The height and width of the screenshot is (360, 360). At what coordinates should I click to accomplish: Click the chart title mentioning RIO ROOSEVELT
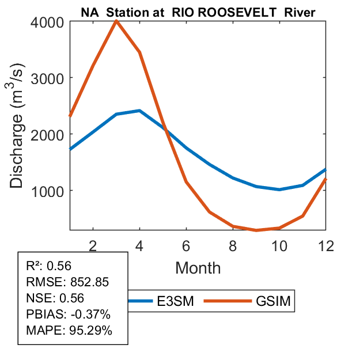point(198,13)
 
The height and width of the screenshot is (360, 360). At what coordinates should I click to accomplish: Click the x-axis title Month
point(198,267)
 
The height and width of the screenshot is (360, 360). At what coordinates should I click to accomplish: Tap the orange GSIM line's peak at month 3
point(116,21)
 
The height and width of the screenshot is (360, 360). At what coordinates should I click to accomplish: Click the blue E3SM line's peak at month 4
point(139,111)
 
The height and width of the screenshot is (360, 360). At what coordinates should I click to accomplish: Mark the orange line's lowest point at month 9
point(256,230)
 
